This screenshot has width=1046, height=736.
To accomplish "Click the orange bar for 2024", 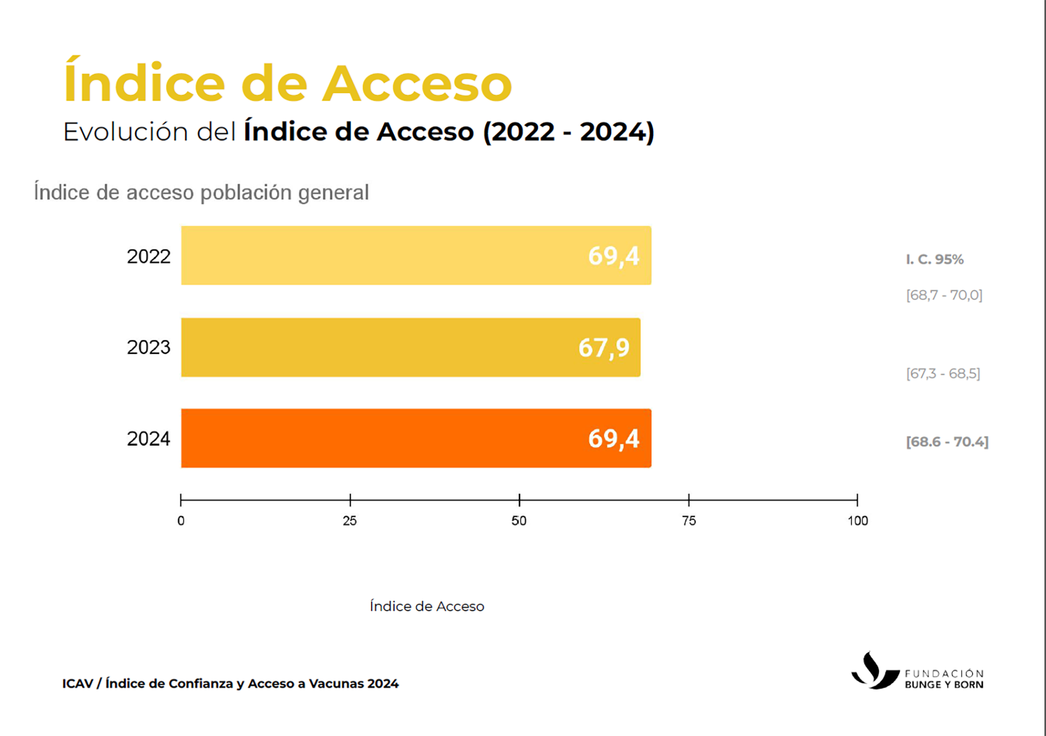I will click(x=381, y=438).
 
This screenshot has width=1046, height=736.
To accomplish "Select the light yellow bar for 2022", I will click(x=381, y=256).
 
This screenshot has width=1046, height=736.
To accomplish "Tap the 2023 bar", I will click(x=381, y=347).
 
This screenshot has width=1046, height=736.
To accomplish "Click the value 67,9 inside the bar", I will click(x=604, y=348).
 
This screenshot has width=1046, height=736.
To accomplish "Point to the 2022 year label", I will click(x=148, y=256).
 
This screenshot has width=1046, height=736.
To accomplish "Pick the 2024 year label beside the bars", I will click(x=148, y=439).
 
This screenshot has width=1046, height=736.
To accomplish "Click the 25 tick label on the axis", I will click(x=350, y=521).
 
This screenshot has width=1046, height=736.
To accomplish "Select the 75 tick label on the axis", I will click(x=689, y=521).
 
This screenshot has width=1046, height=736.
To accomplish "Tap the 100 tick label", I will click(x=858, y=521).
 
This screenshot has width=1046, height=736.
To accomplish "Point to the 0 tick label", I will click(x=181, y=521).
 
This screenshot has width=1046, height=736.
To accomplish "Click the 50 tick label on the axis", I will click(x=519, y=521).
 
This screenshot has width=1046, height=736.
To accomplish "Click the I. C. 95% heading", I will click(x=934, y=259).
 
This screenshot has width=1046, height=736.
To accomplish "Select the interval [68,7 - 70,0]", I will click(x=944, y=295).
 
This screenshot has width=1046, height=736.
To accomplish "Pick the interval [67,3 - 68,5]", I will click(x=943, y=374).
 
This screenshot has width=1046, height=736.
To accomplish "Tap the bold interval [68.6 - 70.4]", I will click(x=947, y=442).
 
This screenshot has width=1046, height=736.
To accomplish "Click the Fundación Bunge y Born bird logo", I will click(x=874, y=672).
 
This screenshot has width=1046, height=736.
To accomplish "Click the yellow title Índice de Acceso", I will click(x=288, y=83).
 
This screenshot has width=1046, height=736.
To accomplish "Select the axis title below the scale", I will click(x=427, y=606).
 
